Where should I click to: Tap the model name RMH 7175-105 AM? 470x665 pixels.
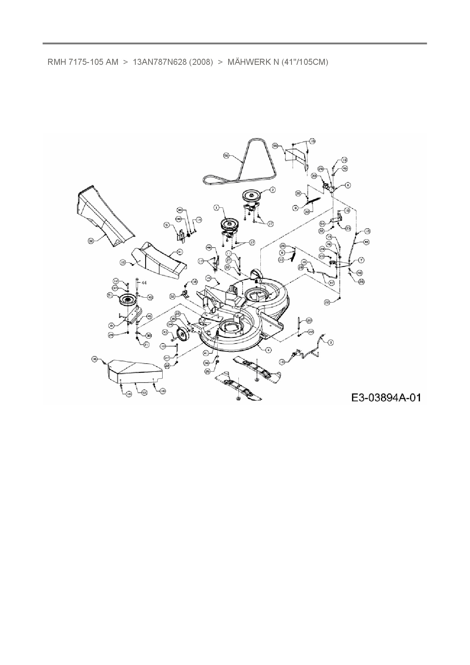83,62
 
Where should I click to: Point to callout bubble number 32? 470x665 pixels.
91,241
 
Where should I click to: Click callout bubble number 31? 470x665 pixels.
180,252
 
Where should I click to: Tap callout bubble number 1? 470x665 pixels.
216,207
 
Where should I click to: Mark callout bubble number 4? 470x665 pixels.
268,350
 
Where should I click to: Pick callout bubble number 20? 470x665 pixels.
309,320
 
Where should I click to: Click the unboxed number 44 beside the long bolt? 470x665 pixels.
144,282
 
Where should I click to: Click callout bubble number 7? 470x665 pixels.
361,260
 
